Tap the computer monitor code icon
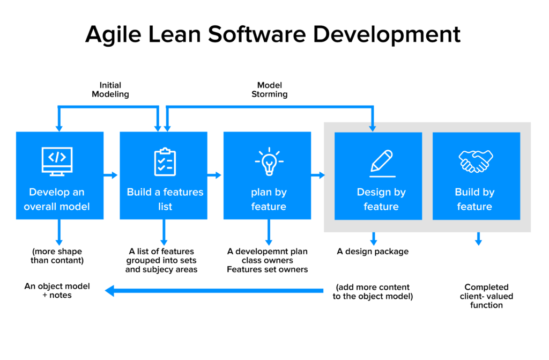point(57,160)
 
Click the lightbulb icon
point(269,161)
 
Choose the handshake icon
point(476,161)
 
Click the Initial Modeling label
point(110,90)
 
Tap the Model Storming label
point(269,90)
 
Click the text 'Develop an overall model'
point(57,199)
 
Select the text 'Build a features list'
point(165,199)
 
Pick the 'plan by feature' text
point(269,199)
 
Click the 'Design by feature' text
point(381,199)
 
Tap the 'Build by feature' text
point(474,199)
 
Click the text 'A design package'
point(373,251)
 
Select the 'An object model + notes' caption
point(57,291)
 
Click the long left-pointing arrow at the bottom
point(214,291)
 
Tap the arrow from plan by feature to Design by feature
point(318,175)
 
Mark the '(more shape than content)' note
point(57,255)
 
